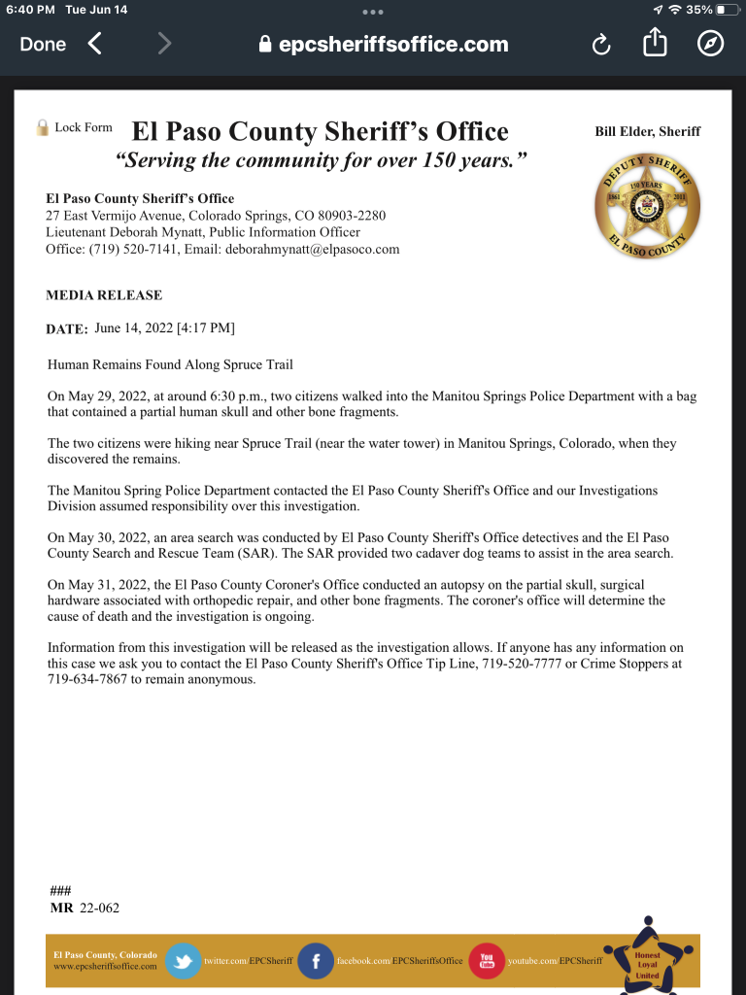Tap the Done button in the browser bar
[43, 44]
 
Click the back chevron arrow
[94, 44]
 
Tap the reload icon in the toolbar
[601, 45]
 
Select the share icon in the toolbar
[655, 43]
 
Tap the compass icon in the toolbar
[710, 44]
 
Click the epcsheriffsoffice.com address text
[393, 45]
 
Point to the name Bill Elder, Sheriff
[647, 131]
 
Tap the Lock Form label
[83, 127]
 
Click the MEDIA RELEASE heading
[104, 295]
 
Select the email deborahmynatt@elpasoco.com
[313, 250]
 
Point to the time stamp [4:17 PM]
[205, 328]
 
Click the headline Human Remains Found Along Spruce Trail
[170, 364]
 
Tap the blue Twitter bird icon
[183, 960]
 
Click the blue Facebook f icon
[316, 960]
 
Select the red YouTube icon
[487, 960]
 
